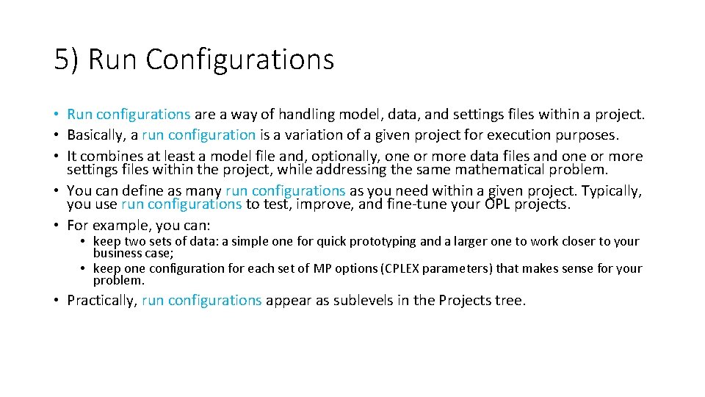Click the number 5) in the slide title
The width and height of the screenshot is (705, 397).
coord(67,60)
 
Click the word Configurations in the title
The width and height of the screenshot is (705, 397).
coord(239,60)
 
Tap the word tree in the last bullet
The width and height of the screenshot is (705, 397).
coord(510,301)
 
